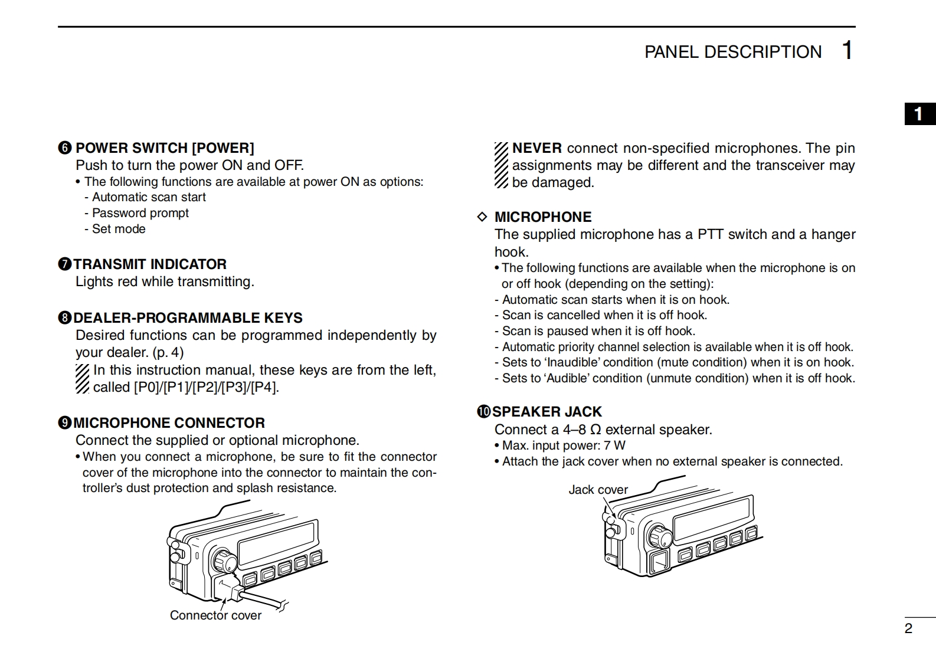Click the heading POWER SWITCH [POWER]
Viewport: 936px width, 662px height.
click(x=165, y=148)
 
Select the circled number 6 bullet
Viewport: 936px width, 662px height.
click(x=65, y=148)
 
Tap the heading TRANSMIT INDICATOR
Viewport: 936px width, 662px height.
click(x=150, y=264)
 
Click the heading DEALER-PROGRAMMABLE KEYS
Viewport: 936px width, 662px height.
click(x=188, y=317)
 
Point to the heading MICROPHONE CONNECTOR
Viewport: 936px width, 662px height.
click(x=169, y=422)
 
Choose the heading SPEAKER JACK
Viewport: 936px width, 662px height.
click(x=547, y=411)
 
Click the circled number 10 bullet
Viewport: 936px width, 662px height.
click(x=484, y=412)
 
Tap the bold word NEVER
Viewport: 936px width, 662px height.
click(x=536, y=148)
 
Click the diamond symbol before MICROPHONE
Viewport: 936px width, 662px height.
click(x=482, y=217)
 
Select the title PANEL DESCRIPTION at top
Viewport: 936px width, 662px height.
click(x=732, y=52)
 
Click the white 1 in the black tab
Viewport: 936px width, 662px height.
click(x=918, y=113)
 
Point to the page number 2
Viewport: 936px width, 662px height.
click(x=908, y=628)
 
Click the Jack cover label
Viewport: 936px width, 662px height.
click(x=598, y=490)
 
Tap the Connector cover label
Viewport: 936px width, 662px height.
click(x=215, y=615)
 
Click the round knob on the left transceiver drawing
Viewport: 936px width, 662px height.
click(x=224, y=561)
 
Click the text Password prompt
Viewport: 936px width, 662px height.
click(x=140, y=213)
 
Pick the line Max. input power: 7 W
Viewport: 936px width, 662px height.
click(x=564, y=445)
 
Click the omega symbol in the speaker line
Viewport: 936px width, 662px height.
click(x=595, y=430)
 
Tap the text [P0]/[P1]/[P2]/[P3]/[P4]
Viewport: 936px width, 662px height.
click(x=206, y=387)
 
